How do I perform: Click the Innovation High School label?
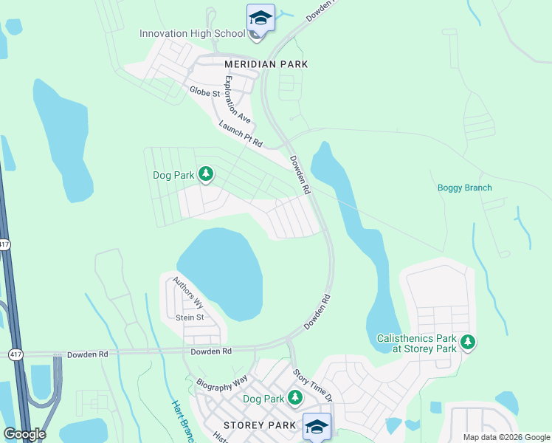[x=193, y=33]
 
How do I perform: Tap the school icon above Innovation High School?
[x=261, y=18]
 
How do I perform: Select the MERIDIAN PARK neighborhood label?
[x=266, y=64]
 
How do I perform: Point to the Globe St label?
[x=204, y=93]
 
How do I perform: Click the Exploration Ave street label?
[x=238, y=100]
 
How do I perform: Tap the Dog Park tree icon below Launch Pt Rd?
[x=207, y=175]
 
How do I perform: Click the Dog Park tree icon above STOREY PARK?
[x=295, y=399]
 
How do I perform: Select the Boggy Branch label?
[x=464, y=188]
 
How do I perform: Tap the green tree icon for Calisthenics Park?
[x=467, y=343]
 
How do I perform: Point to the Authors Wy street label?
[x=188, y=292]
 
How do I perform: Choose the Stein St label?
[x=190, y=317]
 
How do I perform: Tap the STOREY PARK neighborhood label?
[x=260, y=425]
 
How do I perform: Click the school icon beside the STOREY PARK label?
[x=317, y=427]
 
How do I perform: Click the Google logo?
[x=24, y=433]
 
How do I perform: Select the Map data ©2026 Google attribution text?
[x=506, y=437]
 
